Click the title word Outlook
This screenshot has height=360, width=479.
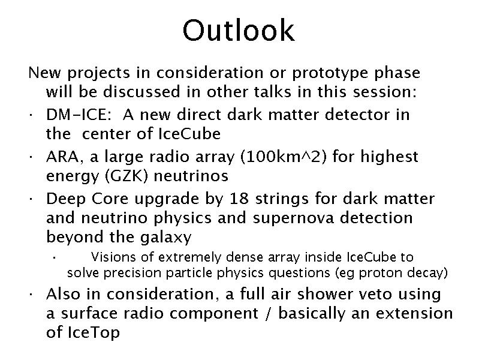pos(239,30)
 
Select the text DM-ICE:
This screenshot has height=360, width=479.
pos(79,115)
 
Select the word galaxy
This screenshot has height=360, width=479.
pos(165,238)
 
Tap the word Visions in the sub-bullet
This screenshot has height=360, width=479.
pos(113,257)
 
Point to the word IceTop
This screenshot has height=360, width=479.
pos(94,332)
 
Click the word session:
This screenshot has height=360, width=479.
pos(385,92)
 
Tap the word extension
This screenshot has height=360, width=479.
pos(414,314)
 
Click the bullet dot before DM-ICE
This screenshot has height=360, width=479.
pos(31,115)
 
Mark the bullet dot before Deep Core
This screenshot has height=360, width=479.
pos(31,199)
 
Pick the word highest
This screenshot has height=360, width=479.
pos(389,157)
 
